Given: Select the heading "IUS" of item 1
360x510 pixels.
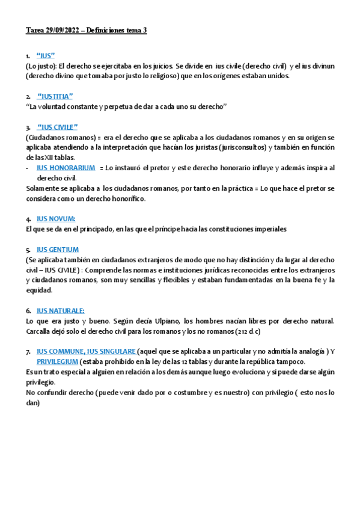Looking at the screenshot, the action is point(46,55).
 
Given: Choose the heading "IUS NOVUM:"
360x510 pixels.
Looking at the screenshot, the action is point(56,218).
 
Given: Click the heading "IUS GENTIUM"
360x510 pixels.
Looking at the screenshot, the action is point(58,249).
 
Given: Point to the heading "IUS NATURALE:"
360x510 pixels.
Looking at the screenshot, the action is point(61,310).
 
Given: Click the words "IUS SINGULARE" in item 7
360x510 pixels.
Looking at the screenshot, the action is point(111,351).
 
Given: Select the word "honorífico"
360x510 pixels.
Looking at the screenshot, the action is point(126,198).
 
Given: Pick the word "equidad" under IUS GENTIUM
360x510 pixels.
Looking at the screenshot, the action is point(39,290).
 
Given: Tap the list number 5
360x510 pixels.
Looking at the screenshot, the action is point(28,250).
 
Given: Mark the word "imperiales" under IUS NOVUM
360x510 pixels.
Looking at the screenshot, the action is point(267,229).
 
